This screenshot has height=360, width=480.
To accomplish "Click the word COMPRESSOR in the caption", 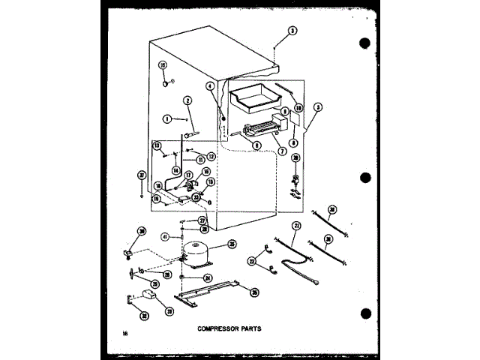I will [215, 328].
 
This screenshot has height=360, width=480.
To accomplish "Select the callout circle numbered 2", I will [187, 100].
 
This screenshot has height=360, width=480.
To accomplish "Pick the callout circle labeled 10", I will [298, 109].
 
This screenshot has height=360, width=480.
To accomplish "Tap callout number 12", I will [211, 156].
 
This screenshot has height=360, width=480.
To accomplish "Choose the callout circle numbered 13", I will [158, 145].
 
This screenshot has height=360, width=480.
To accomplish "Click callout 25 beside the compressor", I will [232, 244].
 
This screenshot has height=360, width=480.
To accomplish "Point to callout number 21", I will [296, 226].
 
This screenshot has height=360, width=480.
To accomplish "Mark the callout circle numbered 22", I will [253, 260].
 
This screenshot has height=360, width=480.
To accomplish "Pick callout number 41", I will [165, 237].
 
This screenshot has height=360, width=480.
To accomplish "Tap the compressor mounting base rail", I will [214, 289].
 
